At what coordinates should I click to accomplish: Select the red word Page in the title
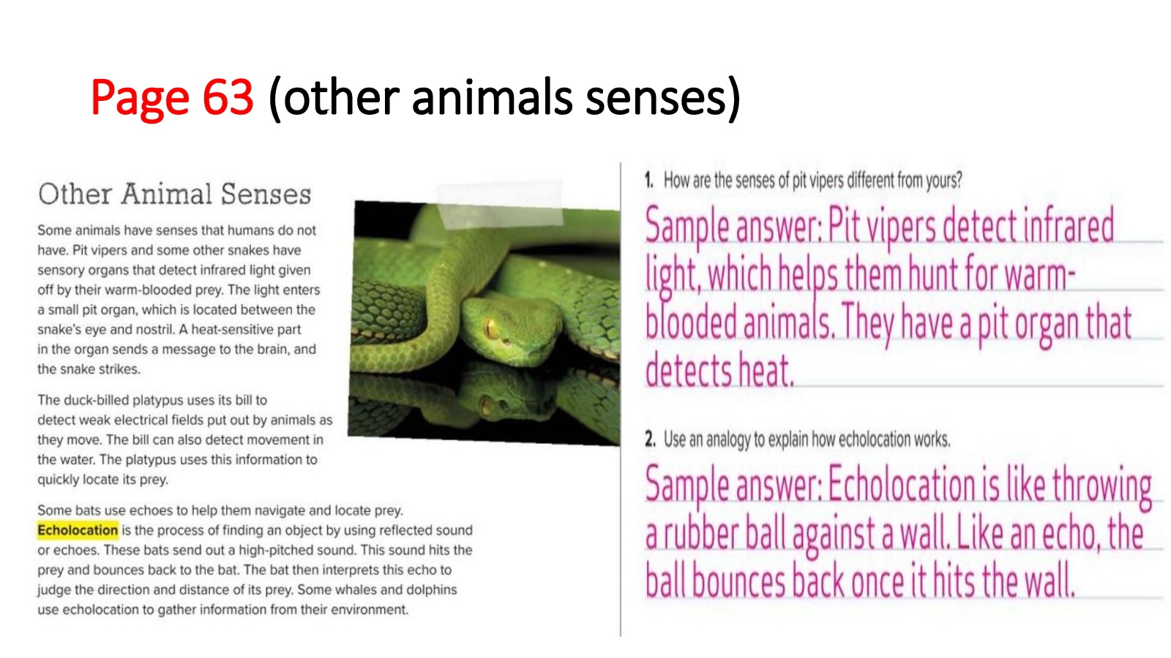click(140, 99)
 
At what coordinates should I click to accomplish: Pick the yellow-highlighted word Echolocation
click(78, 530)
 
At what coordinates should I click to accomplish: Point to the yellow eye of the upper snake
click(491, 328)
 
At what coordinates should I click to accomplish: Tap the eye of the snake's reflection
click(490, 405)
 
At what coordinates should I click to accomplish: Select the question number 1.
click(648, 180)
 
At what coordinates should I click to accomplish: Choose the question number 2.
click(650, 439)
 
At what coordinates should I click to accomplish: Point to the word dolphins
click(431, 589)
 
